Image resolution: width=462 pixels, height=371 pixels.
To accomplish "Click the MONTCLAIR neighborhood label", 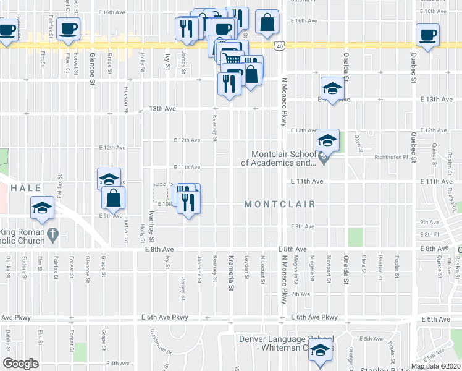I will click(x=280, y=204).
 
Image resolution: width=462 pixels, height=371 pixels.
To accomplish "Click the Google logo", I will click(x=21, y=364).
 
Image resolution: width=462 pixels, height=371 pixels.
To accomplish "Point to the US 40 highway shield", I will click(x=280, y=46).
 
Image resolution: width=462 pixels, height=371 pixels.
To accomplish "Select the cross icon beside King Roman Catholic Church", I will click(x=52, y=235).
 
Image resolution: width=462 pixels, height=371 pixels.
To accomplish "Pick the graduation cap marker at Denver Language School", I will click(x=320, y=351).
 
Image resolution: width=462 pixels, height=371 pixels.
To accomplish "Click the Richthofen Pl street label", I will click(x=392, y=157).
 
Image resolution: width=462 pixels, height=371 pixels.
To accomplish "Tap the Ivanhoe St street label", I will click(x=151, y=226).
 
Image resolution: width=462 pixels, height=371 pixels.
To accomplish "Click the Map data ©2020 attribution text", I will click(x=435, y=366).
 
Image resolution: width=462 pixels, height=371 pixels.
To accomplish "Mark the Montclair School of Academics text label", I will click(x=283, y=159).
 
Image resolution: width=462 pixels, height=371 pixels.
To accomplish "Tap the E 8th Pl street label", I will click(x=428, y=235).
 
